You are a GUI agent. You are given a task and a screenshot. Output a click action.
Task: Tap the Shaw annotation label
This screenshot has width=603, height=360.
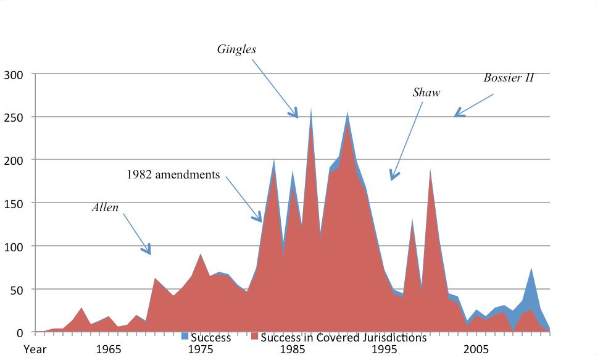click(426, 93)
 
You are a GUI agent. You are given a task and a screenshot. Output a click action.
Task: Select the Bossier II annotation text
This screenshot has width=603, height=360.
click(509, 78)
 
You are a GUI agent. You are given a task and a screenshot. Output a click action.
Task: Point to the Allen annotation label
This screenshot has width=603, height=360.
click(105, 207)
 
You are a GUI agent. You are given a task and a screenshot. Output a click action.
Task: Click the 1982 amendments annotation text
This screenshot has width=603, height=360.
click(173, 175)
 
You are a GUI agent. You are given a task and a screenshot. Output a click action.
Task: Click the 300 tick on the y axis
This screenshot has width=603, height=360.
click(14, 75)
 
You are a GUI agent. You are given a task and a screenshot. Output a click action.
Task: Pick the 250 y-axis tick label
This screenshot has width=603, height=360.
click(14, 117)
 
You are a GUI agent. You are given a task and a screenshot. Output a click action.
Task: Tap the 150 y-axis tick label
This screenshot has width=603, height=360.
click(14, 203)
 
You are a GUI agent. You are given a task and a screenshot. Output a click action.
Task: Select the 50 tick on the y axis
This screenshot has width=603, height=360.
click(17, 289)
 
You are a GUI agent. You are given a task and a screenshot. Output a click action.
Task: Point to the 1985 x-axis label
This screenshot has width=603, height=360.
click(291, 349)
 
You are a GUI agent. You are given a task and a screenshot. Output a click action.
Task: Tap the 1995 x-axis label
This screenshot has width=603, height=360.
click(383, 349)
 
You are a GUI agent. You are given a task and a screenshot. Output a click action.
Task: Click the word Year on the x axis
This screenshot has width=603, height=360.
click(35, 349)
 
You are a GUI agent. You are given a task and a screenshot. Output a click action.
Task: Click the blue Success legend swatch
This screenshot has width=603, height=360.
click(185, 338)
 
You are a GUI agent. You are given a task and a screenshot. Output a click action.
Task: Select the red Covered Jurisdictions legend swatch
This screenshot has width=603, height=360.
click(254, 338)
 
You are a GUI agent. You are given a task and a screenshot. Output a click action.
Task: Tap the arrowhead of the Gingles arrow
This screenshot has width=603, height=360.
click(296, 115)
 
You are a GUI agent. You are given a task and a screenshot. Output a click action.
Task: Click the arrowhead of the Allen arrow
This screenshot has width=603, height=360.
click(149, 252)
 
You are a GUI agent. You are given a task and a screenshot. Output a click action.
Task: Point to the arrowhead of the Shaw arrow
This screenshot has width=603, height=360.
click(393, 178)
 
